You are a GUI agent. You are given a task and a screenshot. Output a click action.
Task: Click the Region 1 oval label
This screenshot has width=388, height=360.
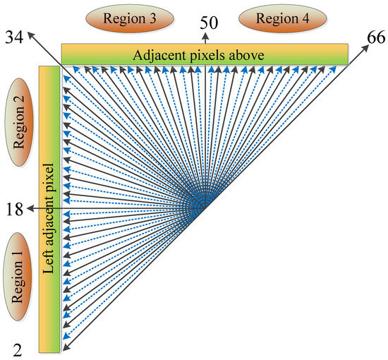pyautogui.click(x=18, y=277)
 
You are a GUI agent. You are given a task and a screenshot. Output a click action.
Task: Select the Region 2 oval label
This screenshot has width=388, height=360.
pyautogui.click(x=19, y=122)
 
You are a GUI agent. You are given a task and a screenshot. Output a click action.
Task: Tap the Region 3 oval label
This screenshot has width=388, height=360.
pyautogui.click(x=130, y=18)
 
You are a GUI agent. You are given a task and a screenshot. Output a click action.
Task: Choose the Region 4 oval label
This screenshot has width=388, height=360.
pyautogui.click(x=283, y=18)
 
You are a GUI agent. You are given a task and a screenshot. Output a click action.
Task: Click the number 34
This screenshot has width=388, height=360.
pyautogui.click(x=14, y=37)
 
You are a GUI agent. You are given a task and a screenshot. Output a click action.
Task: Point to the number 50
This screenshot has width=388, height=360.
pyautogui.click(x=209, y=23)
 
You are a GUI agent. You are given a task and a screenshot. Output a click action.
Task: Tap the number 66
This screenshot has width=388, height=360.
pyautogui.click(x=376, y=38)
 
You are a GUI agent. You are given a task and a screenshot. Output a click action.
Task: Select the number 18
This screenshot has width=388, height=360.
pyautogui.click(x=15, y=210)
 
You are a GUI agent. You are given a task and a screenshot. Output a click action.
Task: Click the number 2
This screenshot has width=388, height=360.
pyautogui.click(x=18, y=351)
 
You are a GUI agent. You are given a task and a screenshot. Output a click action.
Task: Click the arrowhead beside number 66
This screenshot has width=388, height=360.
pyautogui.click(x=365, y=48)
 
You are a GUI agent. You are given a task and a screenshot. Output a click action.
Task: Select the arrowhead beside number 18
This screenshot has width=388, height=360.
pyautogui.click(x=30, y=208)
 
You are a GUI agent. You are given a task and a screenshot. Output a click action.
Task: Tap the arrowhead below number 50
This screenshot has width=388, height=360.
pyautogui.click(x=205, y=37)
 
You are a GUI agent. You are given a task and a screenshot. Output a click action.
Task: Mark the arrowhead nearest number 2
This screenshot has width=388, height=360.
pyautogui.click(x=66, y=347)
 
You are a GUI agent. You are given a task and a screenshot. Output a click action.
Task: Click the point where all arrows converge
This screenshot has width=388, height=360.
pyautogui.click(x=202, y=208)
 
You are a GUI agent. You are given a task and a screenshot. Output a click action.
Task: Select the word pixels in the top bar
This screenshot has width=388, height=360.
pyautogui.click(x=207, y=56)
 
